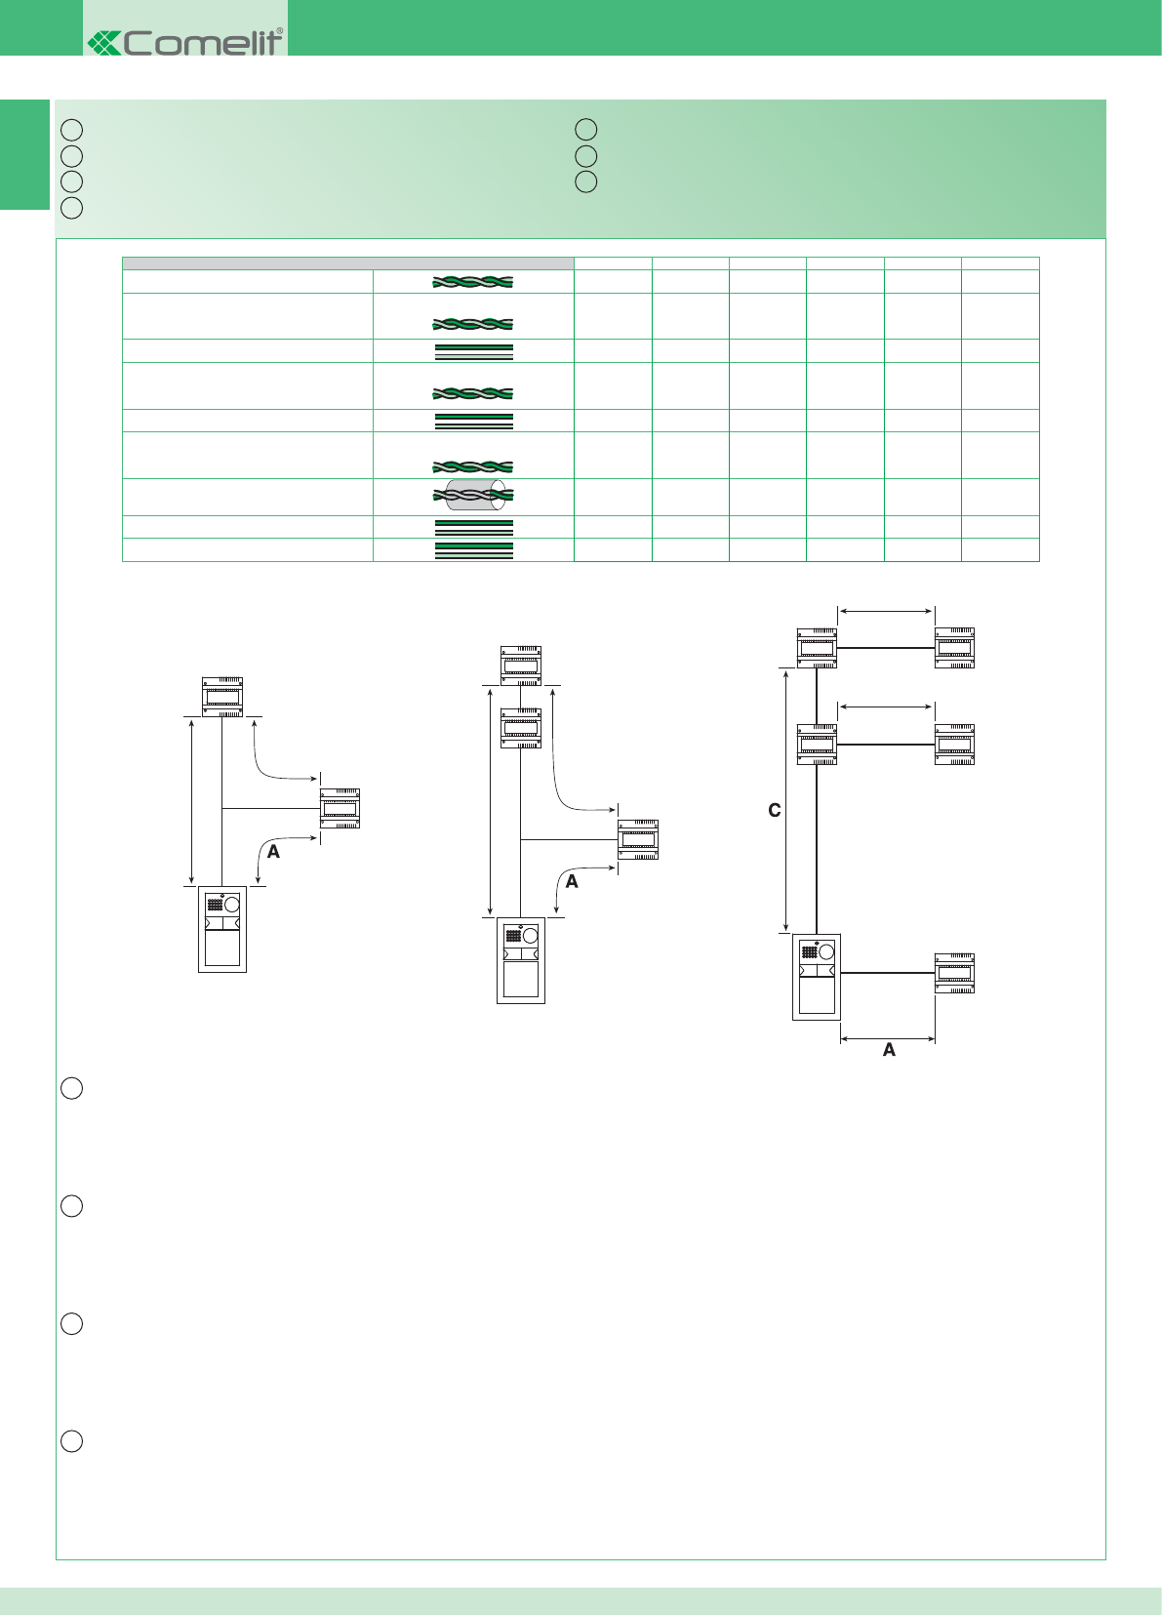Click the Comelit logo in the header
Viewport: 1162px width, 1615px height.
pos(184,42)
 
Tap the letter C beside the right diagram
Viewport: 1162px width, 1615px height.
pos(775,810)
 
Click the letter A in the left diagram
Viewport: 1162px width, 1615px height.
pos(273,852)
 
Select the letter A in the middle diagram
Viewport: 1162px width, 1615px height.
pos(572,881)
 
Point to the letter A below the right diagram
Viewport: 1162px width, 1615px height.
pos(889,1050)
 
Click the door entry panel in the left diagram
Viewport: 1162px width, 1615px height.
pos(222,929)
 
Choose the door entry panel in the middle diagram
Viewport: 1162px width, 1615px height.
pos(520,960)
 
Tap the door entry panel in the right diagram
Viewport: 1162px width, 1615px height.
pos(817,977)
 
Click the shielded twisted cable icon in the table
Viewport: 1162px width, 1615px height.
pos(473,495)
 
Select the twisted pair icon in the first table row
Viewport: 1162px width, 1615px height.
pos(473,282)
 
